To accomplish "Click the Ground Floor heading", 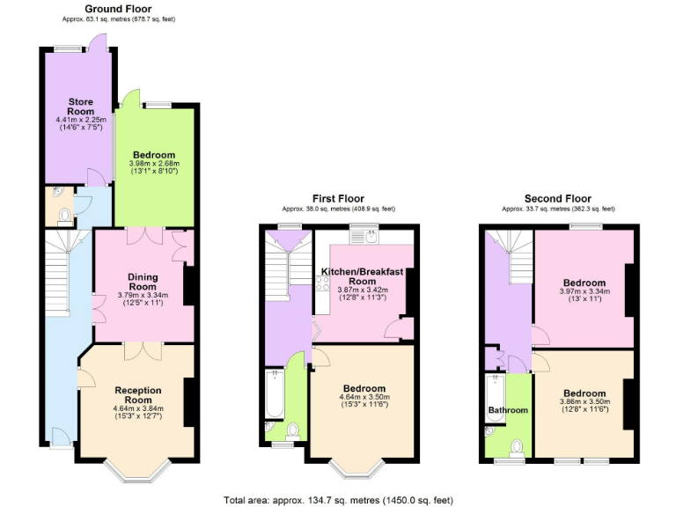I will (x=118, y=8).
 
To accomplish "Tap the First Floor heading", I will (x=338, y=199).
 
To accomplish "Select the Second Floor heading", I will (x=558, y=199).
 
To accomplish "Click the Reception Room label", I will (x=139, y=394).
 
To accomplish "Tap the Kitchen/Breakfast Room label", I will (x=362, y=276).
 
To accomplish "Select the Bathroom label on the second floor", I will (x=508, y=410).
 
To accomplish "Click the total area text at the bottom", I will (x=338, y=499).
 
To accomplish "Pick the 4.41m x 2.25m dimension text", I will (x=81, y=120).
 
